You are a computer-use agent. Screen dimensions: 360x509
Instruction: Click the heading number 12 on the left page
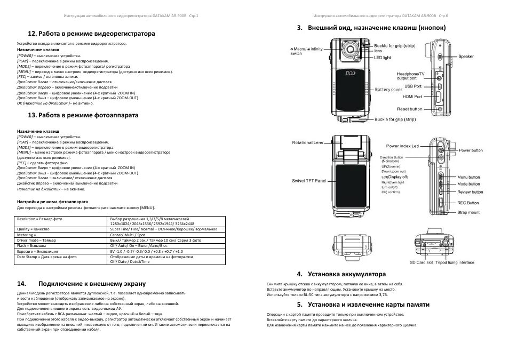click(x=32, y=34)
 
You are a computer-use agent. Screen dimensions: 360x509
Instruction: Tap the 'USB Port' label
click(x=412, y=86)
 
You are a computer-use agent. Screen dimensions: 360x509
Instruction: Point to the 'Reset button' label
click(x=410, y=109)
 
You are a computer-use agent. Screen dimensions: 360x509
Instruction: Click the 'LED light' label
click(x=382, y=57)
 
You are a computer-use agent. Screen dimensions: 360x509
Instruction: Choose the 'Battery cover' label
click(x=388, y=90)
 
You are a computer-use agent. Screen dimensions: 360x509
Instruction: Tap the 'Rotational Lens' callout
click(x=307, y=142)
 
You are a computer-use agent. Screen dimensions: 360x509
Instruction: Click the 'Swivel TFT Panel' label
click(x=309, y=181)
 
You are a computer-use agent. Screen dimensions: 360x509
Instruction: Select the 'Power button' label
click(x=470, y=150)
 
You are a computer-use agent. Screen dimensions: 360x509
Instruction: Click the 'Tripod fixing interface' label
click(x=455, y=262)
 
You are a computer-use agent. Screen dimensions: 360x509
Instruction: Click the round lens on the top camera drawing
click(x=352, y=51)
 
